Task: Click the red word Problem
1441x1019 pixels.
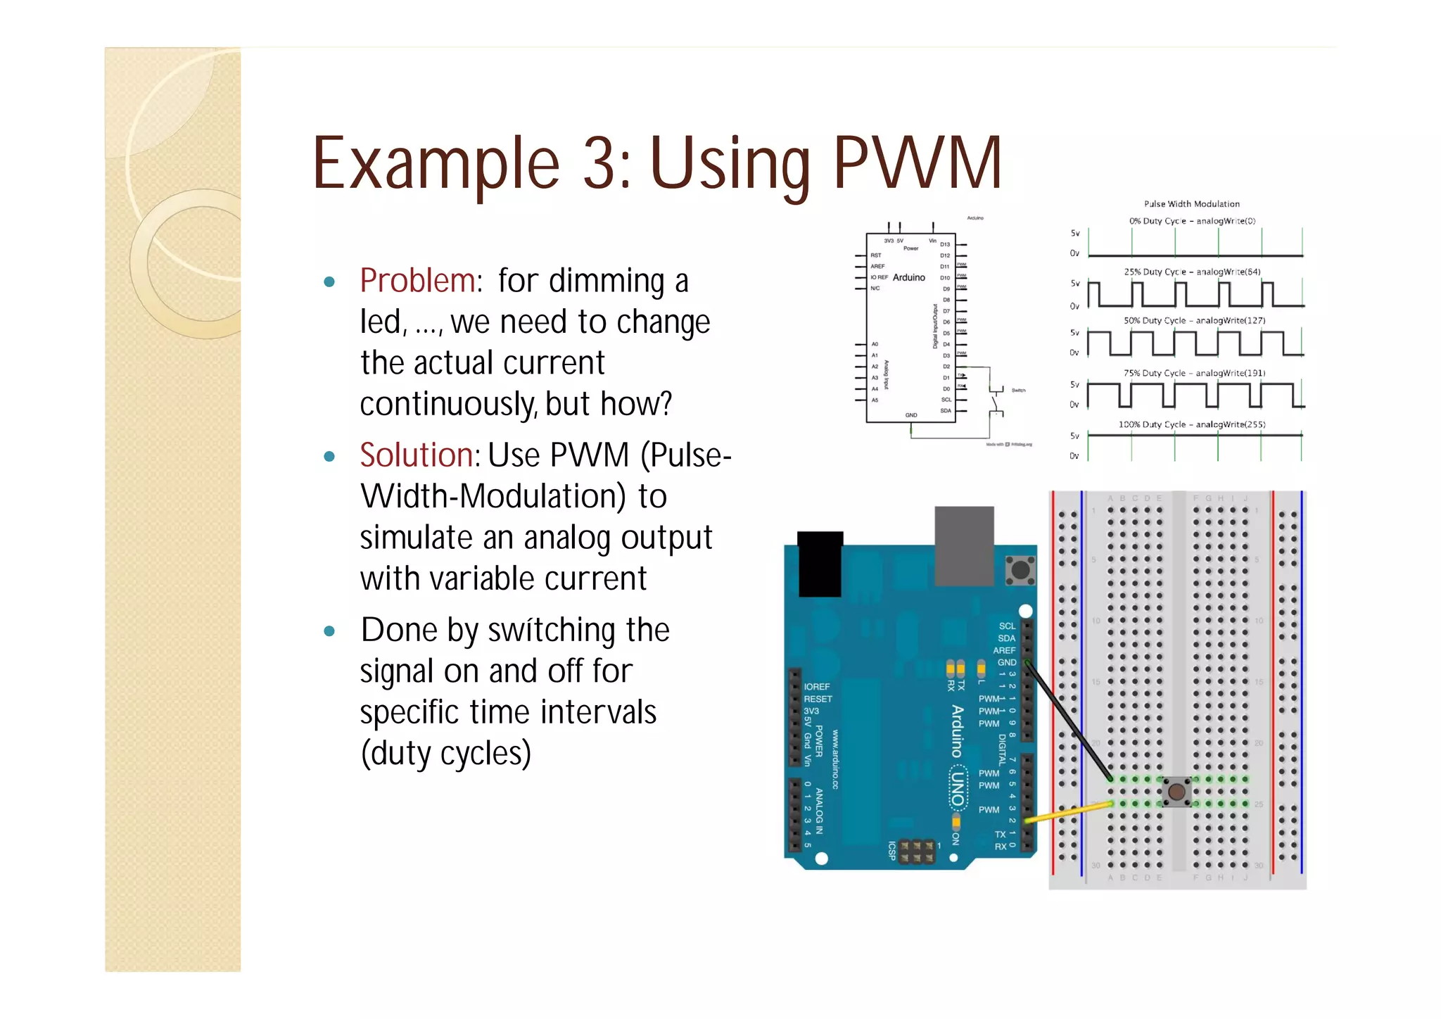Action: click(x=418, y=281)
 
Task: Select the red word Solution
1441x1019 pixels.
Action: click(x=418, y=455)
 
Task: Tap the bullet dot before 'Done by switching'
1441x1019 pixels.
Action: click(x=329, y=631)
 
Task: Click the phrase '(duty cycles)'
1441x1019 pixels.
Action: click(x=445, y=753)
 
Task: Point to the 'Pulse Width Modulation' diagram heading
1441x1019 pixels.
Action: click(x=1191, y=204)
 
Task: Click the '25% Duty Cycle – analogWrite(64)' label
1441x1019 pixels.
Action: click(x=1192, y=272)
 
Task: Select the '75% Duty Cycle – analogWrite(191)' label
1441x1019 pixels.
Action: click(x=1194, y=373)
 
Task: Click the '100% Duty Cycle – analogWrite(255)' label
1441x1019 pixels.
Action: click(x=1192, y=424)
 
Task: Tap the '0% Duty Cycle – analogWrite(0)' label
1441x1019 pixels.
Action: click(x=1192, y=221)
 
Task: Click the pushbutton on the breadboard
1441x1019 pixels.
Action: click(x=1176, y=792)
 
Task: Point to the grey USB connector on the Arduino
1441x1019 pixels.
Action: click(x=964, y=545)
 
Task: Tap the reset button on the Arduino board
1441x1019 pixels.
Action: click(x=1020, y=570)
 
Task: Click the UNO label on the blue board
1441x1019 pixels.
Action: click(x=957, y=788)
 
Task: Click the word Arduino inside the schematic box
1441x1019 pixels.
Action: click(x=908, y=277)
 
